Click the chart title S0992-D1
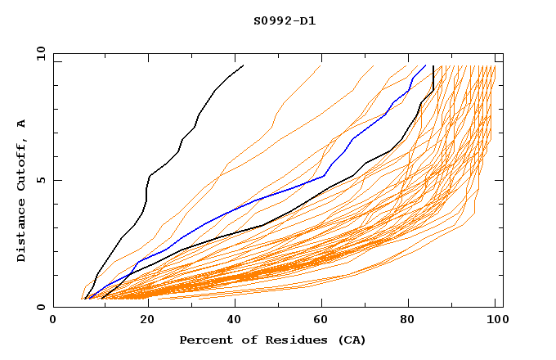pyautogui.click(x=285, y=20)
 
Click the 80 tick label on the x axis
pyautogui.click(x=408, y=321)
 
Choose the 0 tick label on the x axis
pyautogui.click(x=53, y=321)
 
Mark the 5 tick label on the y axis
pyautogui.click(x=40, y=180)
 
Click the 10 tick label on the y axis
pyautogui.click(x=38, y=53)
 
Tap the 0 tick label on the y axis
pyautogui.click(x=40, y=308)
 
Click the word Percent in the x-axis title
pyautogui.click(x=204, y=340)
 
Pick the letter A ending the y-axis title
pyautogui.click(x=22, y=124)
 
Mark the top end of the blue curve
pyautogui.click(x=425, y=65)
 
